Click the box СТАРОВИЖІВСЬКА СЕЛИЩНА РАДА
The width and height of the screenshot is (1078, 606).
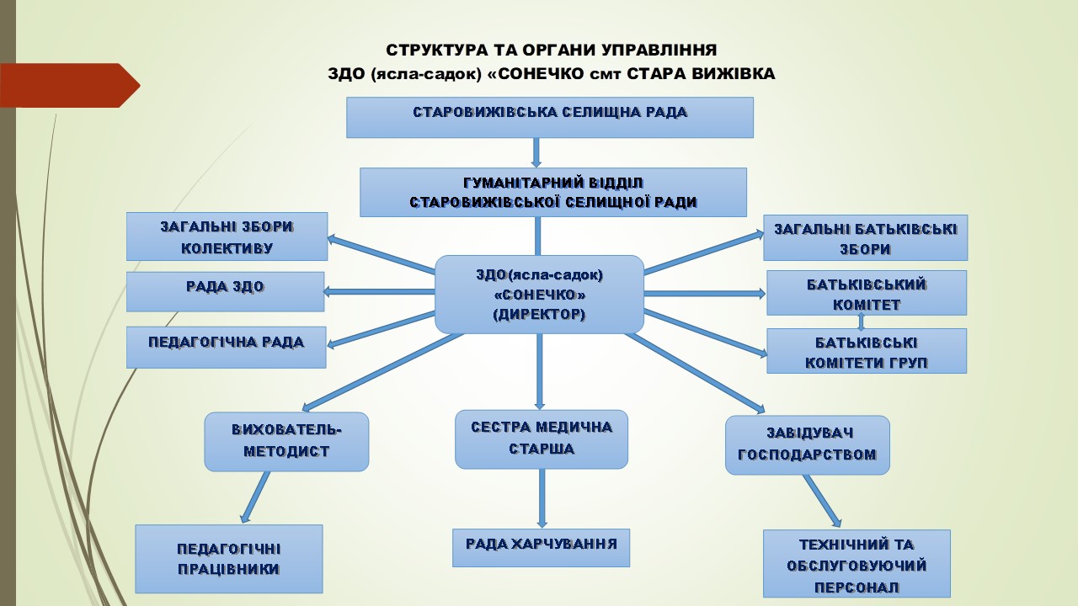tap(550, 117)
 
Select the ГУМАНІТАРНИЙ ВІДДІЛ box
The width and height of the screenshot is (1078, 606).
tap(553, 193)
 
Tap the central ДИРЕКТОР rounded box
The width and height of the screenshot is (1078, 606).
tap(539, 295)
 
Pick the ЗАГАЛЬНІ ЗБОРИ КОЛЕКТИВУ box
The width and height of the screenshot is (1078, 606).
tap(227, 237)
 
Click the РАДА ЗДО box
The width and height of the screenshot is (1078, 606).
tap(225, 291)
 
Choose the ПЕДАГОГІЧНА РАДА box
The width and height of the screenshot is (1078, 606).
tap(227, 348)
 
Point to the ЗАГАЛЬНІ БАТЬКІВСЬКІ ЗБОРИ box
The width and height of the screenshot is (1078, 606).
tap(865, 237)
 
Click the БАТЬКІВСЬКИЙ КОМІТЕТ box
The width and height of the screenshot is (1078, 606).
tap(867, 293)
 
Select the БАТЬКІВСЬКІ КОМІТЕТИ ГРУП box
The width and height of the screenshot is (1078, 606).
tap(867, 351)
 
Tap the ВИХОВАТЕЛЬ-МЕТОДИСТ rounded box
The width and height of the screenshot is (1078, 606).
tap(286, 442)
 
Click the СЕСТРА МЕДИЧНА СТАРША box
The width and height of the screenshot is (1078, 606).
tap(542, 439)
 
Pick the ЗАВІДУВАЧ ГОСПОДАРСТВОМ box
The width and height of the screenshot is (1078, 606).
tap(808, 445)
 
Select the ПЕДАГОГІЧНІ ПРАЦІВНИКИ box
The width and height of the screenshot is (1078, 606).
tap(228, 559)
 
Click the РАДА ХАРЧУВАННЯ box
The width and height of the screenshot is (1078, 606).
tap(541, 548)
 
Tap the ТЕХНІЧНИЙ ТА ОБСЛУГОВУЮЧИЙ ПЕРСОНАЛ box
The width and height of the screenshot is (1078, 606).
tap(857, 564)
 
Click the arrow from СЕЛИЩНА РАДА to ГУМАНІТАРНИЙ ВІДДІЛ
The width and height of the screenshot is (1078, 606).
tap(536, 153)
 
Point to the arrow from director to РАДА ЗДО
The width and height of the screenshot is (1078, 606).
tap(379, 291)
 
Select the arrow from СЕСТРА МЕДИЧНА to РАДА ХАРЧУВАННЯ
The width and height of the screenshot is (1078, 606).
tap(542, 498)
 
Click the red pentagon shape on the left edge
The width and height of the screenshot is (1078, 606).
tap(70, 85)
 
